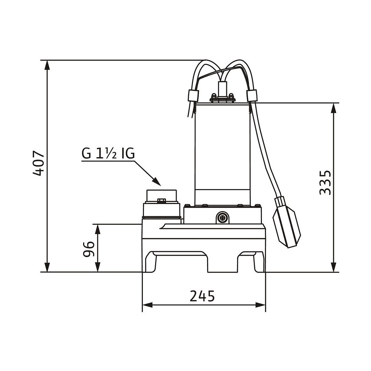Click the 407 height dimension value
[x=38, y=163]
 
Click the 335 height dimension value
[x=325, y=182]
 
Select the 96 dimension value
[x=89, y=249]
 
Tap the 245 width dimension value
[x=202, y=296]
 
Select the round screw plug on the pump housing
[x=222, y=217]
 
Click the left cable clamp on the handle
[x=193, y=96]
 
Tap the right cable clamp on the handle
[x=252, y=96]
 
